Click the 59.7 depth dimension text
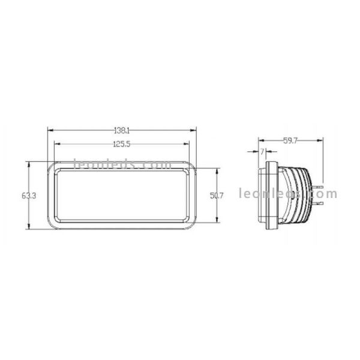290,142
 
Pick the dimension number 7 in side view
262,152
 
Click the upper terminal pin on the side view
319,187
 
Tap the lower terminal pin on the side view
319,204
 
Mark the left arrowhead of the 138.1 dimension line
50,130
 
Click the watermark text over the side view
288,194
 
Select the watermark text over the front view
114,163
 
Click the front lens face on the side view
261,196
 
